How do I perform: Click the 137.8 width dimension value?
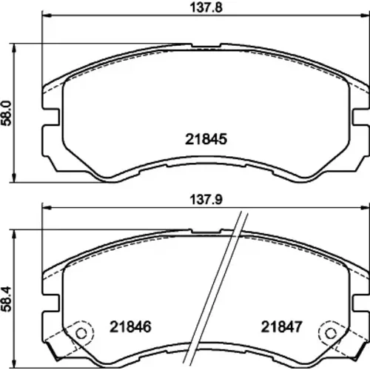(206, 7)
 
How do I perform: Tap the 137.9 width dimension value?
(206, 199)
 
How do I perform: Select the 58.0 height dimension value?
(7, 113)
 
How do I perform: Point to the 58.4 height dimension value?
(7, 299)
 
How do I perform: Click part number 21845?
(206, 139)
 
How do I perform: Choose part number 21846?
(130, 327)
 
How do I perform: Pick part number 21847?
(281, 327)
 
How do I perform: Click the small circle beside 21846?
(81, 334)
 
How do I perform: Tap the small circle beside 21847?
(331, 334)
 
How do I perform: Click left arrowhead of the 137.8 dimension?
(47, 16)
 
